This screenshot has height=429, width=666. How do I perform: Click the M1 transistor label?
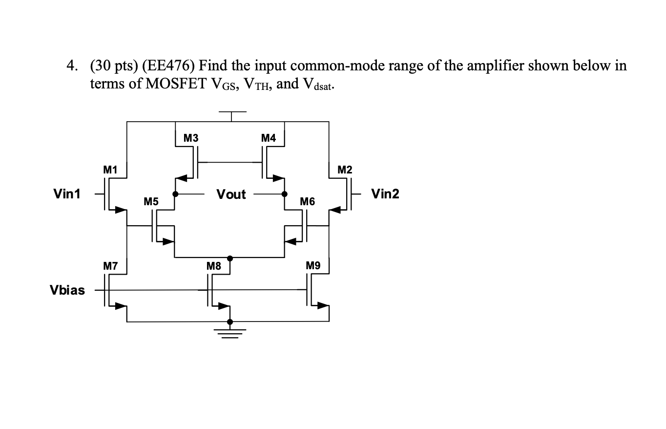pos(110,170)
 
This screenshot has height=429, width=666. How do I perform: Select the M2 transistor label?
pos(345,170)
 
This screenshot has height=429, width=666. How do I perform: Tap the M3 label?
pos(191,138)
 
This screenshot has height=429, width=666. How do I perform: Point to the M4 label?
pos(269,138)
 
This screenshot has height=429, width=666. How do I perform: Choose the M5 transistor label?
pos(151,201)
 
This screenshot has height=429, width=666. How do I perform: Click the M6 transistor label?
pos(308,201)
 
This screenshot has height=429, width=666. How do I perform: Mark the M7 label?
pos(110,266)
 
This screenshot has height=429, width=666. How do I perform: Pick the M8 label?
pos(214,266)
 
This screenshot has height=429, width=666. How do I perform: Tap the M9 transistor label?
pos(313,266)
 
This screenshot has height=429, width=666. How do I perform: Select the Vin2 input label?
pos(385,194)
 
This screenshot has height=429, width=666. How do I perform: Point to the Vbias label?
pos(67,290)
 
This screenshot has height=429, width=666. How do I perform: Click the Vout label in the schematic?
pos(231,194)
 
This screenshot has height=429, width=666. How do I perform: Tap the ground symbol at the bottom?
pos(230,333)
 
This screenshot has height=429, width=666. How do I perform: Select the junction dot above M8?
pos(230,257)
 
